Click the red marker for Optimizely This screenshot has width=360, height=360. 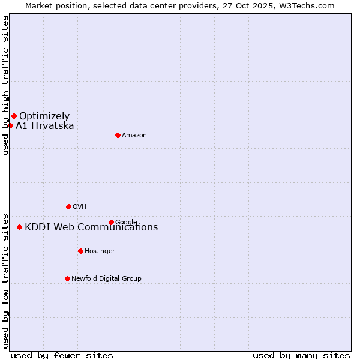coord(14,116)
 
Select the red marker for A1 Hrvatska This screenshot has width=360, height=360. coord(10,125)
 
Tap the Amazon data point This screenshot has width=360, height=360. coord(118,135)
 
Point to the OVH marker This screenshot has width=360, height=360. coord(68,206)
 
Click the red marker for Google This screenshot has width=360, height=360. coord(111,222)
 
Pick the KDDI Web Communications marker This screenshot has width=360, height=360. coord(20,227)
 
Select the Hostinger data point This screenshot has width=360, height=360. coord(80,251)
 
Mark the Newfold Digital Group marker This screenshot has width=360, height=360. coord(67,278)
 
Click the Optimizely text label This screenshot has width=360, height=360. coord(44,116)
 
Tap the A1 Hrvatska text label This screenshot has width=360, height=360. coord(45,125)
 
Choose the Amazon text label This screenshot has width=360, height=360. coord(134,136)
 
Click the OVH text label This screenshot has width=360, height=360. coord(80,207)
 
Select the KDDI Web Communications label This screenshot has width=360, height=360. coord(91,227)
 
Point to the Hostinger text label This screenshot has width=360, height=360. coord(100,251)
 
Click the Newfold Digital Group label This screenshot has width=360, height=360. coord(106,279)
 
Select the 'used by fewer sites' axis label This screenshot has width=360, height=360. coord(62,355)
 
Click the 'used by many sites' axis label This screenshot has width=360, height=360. coord(301,355)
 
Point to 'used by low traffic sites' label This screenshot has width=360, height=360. coord(5,281)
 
